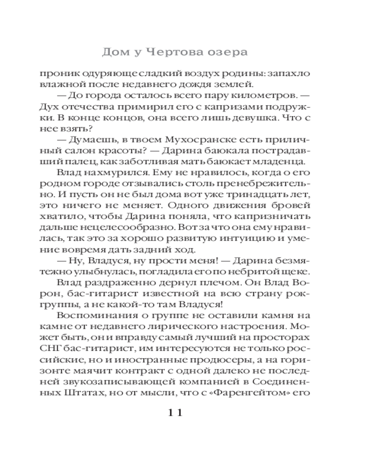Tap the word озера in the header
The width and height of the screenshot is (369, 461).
coord(226,52)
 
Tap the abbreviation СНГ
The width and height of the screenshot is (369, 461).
coord(49,349)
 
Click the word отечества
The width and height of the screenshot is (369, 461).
coord(83,106)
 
